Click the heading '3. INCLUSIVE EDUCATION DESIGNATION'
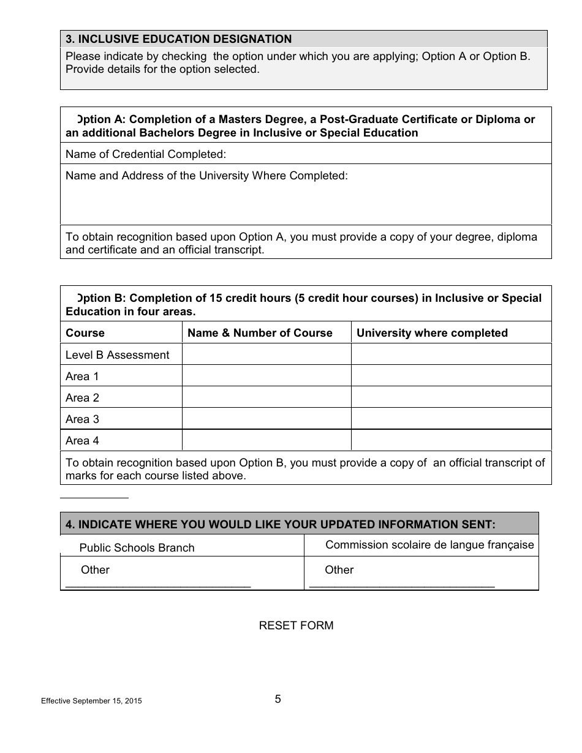coord(178,39)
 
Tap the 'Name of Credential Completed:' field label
coord(146,154)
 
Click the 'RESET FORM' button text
coord(296,625)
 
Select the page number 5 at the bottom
coord(278,699)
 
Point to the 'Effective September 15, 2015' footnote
coord(91,702)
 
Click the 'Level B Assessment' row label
coord(117,355)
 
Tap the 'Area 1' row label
coord(82,376)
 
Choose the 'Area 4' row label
coord(82,441)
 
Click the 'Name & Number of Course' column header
coord(260,333)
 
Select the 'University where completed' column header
coord(432,333)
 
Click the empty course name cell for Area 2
coord(266,398)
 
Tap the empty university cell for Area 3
coord(451,419)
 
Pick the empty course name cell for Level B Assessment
coord(266,355)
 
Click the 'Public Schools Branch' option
coord(137,548)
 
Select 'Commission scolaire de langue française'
coord(429,545)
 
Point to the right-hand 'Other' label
coord(339,570)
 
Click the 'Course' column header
coord(85,333)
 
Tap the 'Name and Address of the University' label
coord(206,176)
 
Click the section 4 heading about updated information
coord(281,524)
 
